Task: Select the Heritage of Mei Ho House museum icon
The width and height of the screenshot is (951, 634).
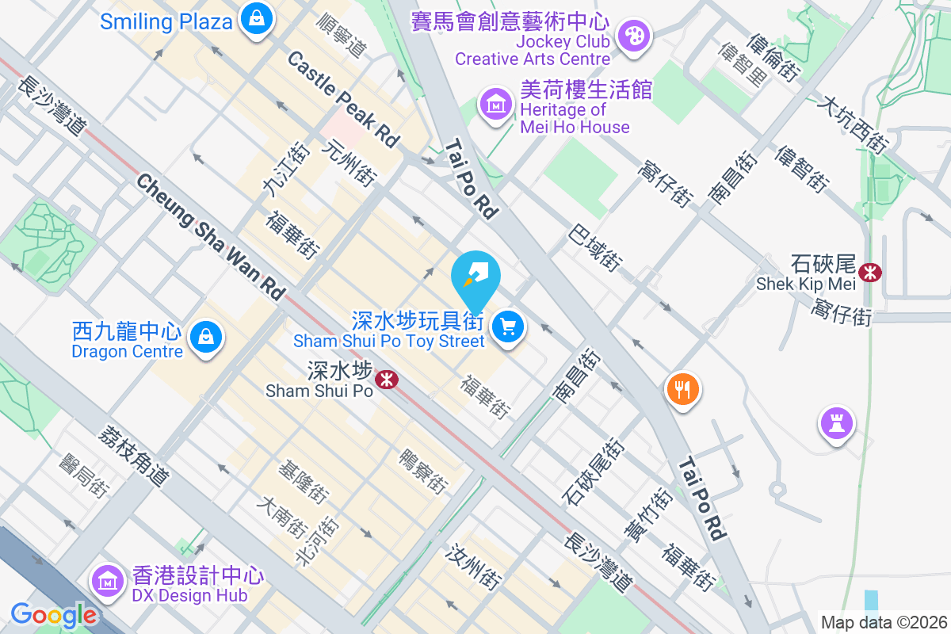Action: [x=496, y=104]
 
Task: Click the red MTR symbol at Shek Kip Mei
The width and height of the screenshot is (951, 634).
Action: [x=870, y=273]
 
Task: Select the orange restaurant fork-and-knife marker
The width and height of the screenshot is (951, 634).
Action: [x=682, y=389]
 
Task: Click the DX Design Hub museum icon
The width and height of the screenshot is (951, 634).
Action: [x=106, y=581]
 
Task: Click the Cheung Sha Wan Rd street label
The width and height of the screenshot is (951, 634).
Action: [x=210, y=237]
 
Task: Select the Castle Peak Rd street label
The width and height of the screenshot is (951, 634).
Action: [x=343, y=99]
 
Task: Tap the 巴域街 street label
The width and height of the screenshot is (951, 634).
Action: [x=594, y=247]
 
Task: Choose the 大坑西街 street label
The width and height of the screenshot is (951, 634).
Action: [x=854, y=124]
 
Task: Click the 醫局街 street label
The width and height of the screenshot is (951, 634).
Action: [x=82, y=475]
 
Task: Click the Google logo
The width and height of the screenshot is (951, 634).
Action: [x=53, y=615]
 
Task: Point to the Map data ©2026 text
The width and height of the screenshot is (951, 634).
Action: [x=883, y=622]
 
